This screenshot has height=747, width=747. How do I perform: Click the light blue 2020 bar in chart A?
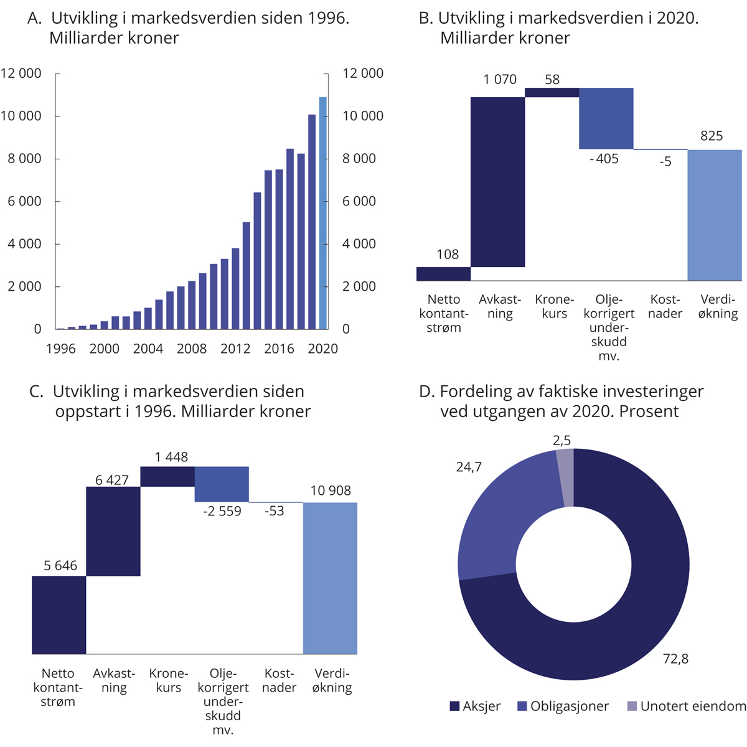click(x=322, y=213)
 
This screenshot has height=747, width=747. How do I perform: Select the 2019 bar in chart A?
click(x=312, y=222)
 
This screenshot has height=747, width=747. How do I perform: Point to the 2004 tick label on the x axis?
click(x=148, y=349)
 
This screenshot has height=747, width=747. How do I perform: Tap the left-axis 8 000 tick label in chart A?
click(x=22, y=159)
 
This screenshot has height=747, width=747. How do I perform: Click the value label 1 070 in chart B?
click(x=500, y=80)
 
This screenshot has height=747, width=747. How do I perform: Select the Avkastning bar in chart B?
click(x=497, y=182)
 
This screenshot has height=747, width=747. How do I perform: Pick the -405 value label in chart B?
click(x=604, y=159)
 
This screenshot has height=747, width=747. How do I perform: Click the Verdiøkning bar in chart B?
click(x=714, y=215)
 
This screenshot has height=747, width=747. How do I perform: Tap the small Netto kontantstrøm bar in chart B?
click(x=443, y=274)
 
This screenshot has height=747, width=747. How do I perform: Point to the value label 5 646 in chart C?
click(x=60, y=566)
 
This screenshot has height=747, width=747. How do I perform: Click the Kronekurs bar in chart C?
click(x=167, y=476)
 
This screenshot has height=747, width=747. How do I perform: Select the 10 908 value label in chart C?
click(x=331, y=491)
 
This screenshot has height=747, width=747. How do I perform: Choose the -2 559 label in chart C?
click(x=222, y=512)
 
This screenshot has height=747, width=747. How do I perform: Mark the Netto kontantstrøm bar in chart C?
click(x=59, y=615)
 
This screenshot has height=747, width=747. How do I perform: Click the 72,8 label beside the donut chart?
click(x=675, y=659)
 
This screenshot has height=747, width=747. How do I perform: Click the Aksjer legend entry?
click(x=475, y=706)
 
